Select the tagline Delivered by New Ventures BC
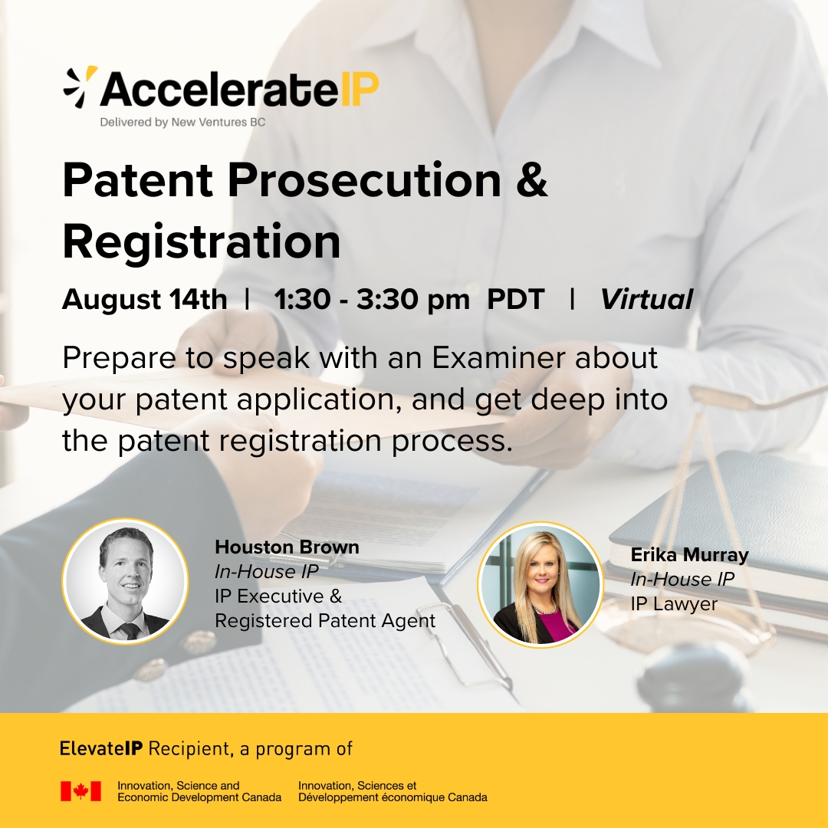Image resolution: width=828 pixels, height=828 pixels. [x=182, y=122]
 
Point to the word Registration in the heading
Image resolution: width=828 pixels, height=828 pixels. [x=201, y=242]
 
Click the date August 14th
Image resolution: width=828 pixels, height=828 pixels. [x=145, y=300]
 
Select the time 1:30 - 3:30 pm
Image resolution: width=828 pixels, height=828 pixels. [x=372, y=300]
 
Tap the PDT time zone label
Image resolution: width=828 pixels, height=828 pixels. [x=515, y=300]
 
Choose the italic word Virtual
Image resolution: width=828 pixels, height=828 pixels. [x=646, y=300]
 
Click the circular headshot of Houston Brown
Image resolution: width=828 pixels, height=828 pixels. [x=125, y=581]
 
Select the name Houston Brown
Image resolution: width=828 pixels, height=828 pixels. [x=287, y=547]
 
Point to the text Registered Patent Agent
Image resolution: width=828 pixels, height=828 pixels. [x=325, y=620]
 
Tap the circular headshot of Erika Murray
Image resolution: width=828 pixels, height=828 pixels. [x=540, y=584]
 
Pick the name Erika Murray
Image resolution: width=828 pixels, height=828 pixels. [x=690, y=554]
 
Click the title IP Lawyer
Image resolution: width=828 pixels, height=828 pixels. [x=674, y=603]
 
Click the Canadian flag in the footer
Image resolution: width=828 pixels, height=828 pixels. [x=80, y=791]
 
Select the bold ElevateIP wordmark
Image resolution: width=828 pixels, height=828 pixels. [x=101, y=749]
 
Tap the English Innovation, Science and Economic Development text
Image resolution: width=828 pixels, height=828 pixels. [x=199, y=791]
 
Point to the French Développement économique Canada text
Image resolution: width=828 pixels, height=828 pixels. [x=393, y=797]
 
